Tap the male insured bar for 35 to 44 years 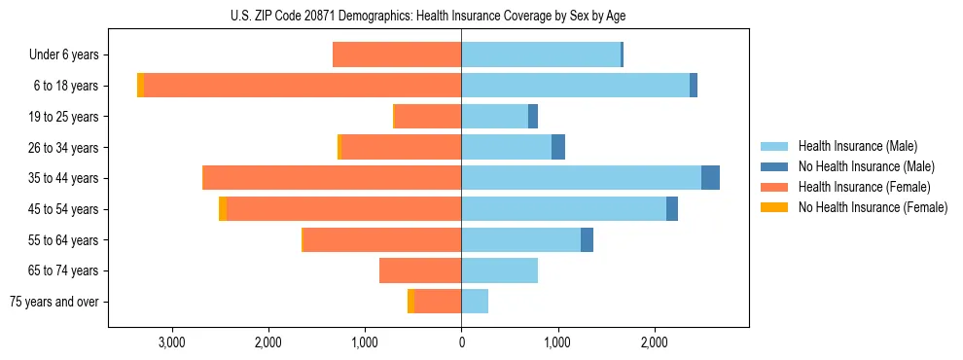pyautogui.click(x=581, y=178)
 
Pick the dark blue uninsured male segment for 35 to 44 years pyautogui.click(x=710, y=178)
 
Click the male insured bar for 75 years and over pyautogui.click(x=475, y=302)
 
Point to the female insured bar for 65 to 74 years pyautogui.click(x=420, y=270)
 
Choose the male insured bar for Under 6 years pyautogui.click(x=541, y=54)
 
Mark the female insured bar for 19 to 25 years pyautogui.click(x=428, y=117)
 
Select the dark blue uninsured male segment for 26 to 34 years pyautogui.click(x=558, y=147)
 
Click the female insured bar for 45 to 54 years pyautogui.click(x=343, y=209)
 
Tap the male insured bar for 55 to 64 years pyautogui.click(x=520, y=239)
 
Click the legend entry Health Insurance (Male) pyautogui.click(x=857, y=146)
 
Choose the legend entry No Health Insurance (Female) pyautogui.click(x=873, y=207)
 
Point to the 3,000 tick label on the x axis pyautogui.click(x=172, y=342)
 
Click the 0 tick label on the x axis pyautogui.click(x=461, y=342)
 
